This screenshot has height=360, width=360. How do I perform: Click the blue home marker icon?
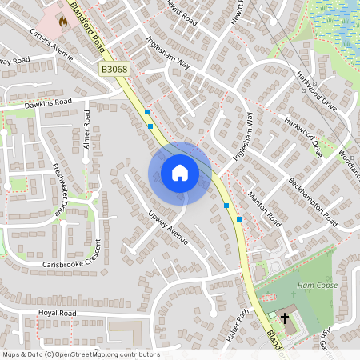179,173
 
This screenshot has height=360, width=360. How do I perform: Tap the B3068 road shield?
114,71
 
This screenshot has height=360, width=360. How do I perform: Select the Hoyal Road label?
57,313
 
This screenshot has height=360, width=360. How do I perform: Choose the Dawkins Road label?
48,102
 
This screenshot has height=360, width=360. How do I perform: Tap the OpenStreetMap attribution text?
80,354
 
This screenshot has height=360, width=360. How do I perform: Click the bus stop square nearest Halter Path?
238,218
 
